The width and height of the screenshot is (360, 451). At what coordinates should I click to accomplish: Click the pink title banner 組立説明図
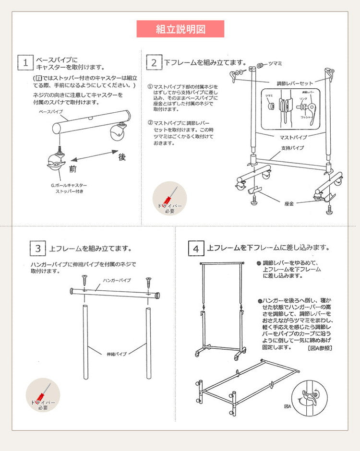(x=180, y=29)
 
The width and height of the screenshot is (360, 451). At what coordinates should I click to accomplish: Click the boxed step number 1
(x=25, y=62)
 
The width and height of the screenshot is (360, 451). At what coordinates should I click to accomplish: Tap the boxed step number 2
(x=154, y=62)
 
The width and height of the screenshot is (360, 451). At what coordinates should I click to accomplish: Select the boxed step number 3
(x=37, y=248)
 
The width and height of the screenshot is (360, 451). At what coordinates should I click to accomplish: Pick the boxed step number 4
(x=195, y=248)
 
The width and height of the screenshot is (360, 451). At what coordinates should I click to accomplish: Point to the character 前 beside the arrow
(x=72, y=169)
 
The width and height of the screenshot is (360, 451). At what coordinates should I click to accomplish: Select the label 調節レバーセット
(x=294, y=83)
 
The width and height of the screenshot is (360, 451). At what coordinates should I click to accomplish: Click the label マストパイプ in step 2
(x=293, y=137)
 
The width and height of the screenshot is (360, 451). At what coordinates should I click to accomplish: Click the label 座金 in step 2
(x=289, y=203)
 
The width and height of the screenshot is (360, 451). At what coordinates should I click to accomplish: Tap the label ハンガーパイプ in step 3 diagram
(x=117, y=280)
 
